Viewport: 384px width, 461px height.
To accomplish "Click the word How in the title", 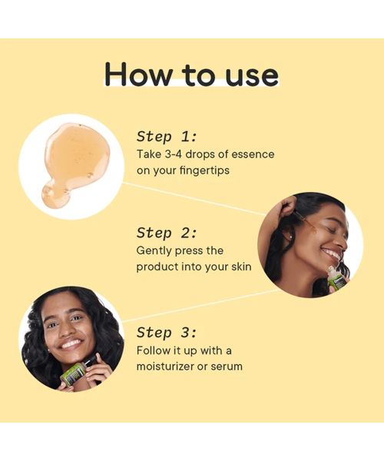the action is click(x=138, y=74).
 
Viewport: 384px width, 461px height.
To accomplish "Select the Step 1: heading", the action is click(x=167, y=137).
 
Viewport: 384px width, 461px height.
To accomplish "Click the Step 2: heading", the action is click(x=167, y=233).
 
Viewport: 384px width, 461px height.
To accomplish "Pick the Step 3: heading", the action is click(x=167, y=333).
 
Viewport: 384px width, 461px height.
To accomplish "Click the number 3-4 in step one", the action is click(x=173, y=154).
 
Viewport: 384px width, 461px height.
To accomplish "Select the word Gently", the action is click(x=154, y=251).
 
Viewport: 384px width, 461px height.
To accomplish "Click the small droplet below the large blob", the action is click(x=56, y=194).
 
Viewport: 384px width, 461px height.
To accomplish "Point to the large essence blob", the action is click(x=77, y=154).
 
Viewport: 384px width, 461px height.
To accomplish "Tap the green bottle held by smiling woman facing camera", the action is click(x=74, y=373).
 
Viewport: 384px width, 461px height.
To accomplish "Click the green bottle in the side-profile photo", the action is click(x=335, y=280).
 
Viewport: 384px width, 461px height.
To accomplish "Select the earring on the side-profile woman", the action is click(x=291, y=236).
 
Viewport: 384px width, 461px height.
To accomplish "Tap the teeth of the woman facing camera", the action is click(x=71, y=343).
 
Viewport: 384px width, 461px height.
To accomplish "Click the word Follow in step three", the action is click(x=152, y=350).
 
